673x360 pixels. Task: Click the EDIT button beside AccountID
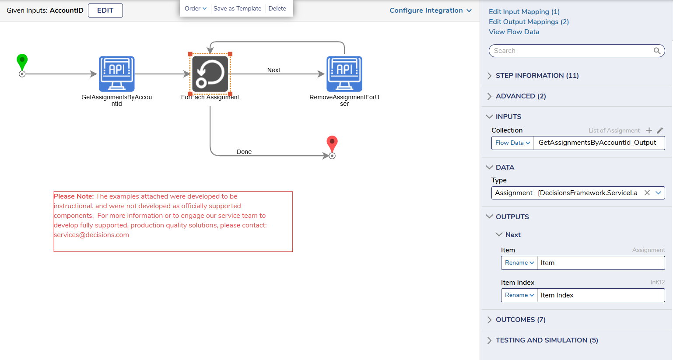click(x=105, y=10)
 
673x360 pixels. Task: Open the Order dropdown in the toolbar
click(x=195, y=8)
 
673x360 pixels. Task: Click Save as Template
click(x=237, y=8)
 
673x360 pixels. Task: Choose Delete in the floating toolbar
click(x=277, y=8)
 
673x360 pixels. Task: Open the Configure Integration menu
click(x=431, y=10)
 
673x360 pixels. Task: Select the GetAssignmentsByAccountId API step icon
click(x=116, y=74)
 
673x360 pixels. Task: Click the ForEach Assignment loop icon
click(x=210, y=74)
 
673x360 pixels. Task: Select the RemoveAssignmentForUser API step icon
click(x=344, y=74)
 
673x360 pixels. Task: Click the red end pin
click(x=332, y=144)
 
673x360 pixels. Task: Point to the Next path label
click(x=273, y=70)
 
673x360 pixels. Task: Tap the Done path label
click(x=244, y=152)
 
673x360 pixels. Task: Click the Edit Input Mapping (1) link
click(x=524, y=12)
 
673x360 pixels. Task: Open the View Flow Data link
click(x=514, y=32)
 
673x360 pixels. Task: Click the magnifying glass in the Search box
click(x=657, y=51)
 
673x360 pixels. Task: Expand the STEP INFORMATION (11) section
click(x=537, y=76)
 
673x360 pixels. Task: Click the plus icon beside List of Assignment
click(x=649, y=130)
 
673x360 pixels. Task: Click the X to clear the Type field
click(x=647, y=193)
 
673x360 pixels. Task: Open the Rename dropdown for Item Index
click(x=519, y=295)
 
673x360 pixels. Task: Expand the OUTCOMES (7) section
click(x=521, y=320)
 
